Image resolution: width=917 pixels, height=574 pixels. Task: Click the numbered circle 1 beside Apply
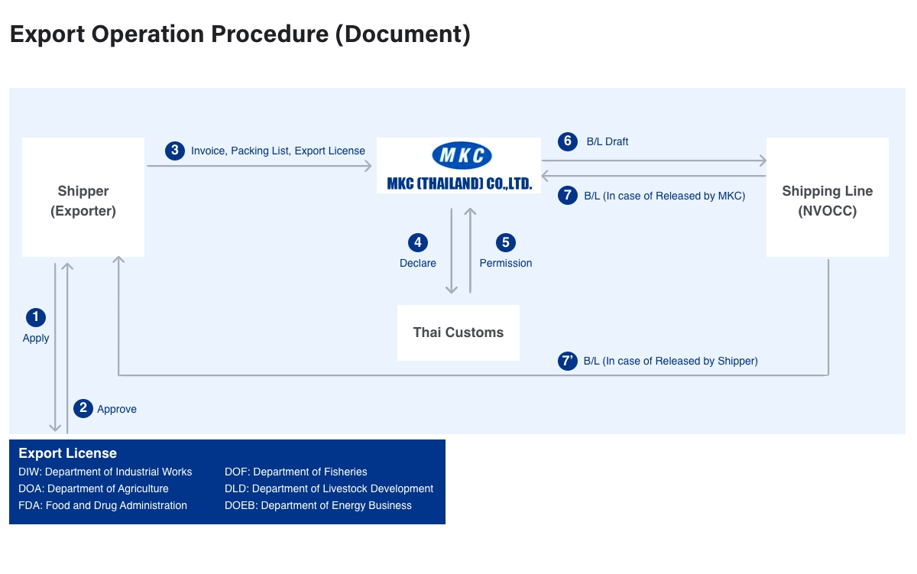click(36, 317)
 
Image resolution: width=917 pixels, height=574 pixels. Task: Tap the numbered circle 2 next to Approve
click(83, 408)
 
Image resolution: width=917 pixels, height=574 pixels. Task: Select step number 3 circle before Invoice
click(175, 151)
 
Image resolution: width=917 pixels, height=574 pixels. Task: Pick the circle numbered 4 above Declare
click(417, 243)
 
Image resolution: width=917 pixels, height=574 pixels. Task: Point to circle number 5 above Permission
click(505, 243)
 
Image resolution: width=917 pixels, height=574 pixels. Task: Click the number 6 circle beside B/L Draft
click(567, 141)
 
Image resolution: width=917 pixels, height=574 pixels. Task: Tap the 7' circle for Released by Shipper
click(567, 361)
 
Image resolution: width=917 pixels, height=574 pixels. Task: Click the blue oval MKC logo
click(462, 156)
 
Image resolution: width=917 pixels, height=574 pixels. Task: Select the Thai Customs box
click(458, 332)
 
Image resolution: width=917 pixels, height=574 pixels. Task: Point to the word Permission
click(506, 263)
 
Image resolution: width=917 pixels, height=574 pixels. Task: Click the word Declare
click(418, 263)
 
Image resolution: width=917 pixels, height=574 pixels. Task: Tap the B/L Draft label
click(608, 141)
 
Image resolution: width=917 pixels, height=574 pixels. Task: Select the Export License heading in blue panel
click(68, 453)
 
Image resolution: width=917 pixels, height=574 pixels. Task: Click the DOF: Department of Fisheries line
click(296, 472)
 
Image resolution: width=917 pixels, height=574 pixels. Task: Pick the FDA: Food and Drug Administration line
click(102, 505)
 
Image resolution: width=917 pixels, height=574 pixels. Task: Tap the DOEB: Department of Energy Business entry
click(318, 505)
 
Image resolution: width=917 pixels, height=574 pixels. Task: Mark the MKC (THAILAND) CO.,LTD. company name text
click(459, 183)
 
